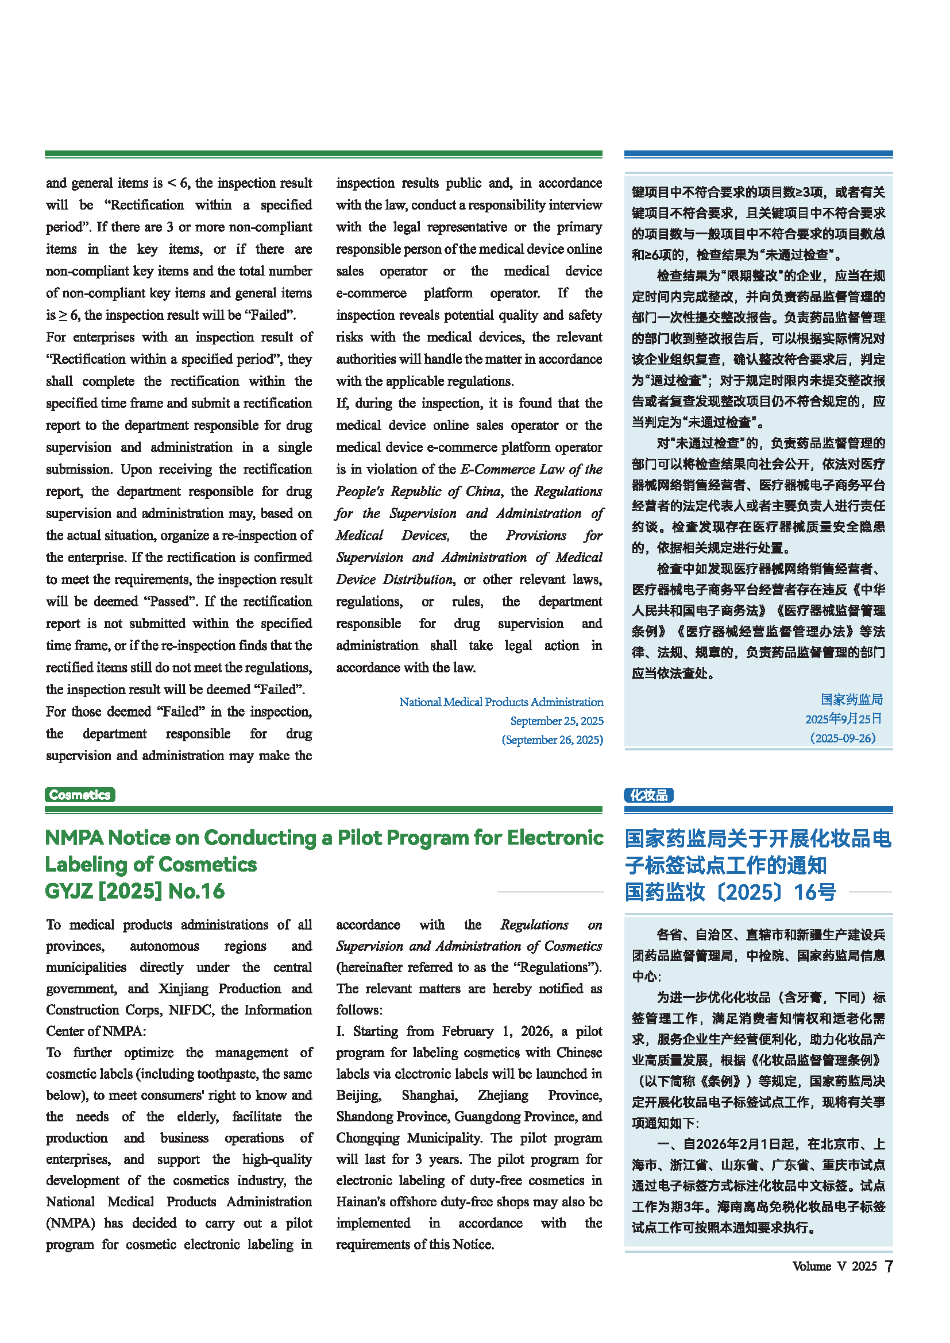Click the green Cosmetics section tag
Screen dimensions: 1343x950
[x=80, y=794]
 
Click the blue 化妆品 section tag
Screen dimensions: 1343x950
[x=648, y=795]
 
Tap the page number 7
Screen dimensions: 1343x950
[x=889, y=1267]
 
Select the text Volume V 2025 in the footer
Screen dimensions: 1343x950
[x=834, y=1267]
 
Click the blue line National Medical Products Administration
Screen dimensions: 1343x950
[x=501, y=702]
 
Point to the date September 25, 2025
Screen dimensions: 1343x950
[x=557, y=721]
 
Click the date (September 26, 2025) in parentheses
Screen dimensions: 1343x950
[x=552, y=740]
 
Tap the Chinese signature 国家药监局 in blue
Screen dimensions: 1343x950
[x=851, y=699]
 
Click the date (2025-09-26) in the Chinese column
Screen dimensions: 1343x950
[x=843, y=738]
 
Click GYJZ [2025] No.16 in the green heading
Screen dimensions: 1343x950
[x=134, y=891]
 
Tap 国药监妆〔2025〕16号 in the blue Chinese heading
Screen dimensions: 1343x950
[x=730, y=892]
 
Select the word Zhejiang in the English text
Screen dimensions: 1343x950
[x=503, y=1095]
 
